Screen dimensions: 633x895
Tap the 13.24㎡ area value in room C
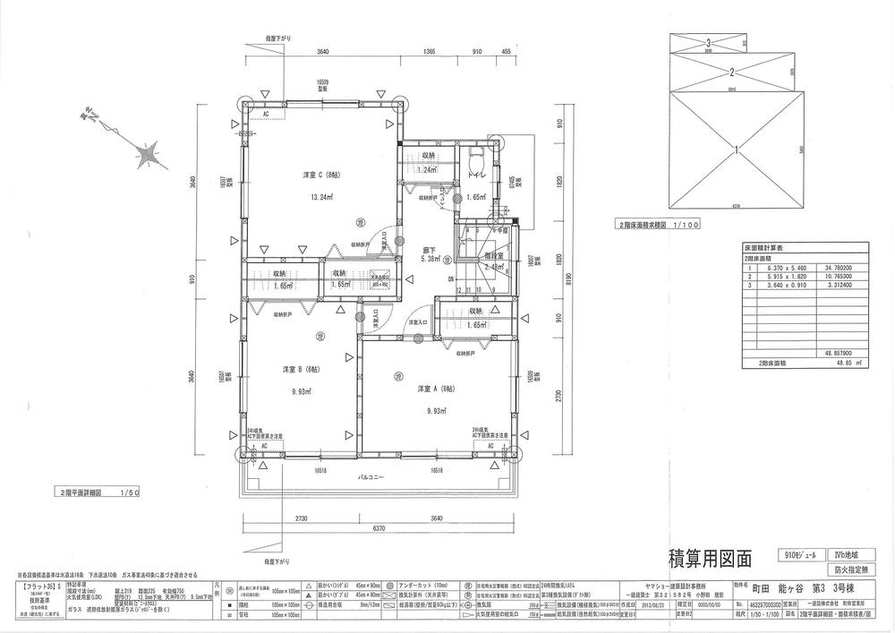[321, 197]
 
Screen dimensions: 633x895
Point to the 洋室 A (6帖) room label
[436, 390]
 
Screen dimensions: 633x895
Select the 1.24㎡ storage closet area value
[428, 170]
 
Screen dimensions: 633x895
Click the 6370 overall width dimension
[379, 528]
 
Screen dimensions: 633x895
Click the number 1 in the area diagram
[735, 150]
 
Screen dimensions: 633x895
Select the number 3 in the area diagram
[708, 42]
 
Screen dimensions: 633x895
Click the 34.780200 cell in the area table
[832, 268]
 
